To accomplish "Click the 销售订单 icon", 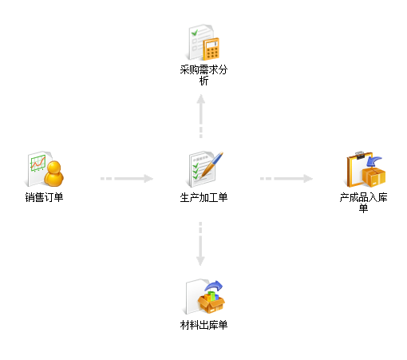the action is (45, 169).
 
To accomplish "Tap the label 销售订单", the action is (44, 197).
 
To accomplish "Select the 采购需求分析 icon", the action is (203, 42).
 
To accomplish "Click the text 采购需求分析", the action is (203, 75).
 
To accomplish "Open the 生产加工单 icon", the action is (204, 169).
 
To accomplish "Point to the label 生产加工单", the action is (203, 197).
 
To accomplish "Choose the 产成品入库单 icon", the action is (366, 169).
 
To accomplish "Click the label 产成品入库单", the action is (363, 203).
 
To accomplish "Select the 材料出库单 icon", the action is (204, 297).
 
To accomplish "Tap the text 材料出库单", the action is (203, 325).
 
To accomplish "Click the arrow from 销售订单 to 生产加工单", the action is (127, 179).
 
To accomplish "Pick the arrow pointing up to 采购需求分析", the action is (201, 117).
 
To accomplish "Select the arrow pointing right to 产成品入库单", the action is (286, 179).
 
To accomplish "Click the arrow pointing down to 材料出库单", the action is (200, 243).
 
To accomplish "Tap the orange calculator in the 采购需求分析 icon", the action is (211, 49).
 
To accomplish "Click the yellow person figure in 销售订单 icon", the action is (54, 173).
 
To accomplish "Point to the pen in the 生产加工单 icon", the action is (212, 164).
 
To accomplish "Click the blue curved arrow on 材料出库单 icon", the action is (214, 286).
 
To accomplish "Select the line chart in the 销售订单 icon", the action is (38, 164).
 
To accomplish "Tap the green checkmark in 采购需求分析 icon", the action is (195, 33).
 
